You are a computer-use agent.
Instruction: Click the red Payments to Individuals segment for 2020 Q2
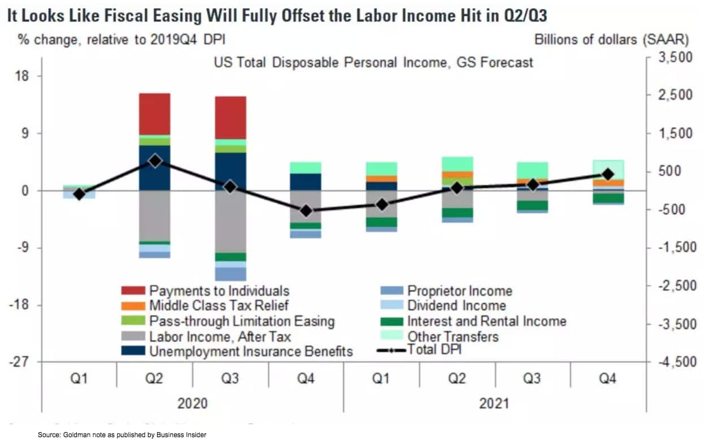155,114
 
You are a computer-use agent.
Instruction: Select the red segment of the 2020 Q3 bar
230,117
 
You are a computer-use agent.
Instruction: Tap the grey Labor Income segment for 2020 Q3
230,221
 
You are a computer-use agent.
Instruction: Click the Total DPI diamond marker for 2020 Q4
306,210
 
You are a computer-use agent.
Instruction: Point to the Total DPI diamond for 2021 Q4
608,174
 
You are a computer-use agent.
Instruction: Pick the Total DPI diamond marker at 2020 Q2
155,161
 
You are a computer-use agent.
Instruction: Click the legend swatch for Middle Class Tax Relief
133,306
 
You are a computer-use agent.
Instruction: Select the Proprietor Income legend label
459,291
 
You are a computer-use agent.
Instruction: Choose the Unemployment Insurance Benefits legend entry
251,351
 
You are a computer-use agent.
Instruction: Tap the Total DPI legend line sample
390,351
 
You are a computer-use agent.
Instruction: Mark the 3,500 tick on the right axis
676,58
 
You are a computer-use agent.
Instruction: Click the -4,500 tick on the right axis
675,362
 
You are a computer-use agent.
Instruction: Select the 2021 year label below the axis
494,403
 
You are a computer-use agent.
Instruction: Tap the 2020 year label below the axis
192,403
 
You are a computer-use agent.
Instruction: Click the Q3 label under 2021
532,378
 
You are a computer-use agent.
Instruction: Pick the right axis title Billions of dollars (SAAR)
611,40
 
